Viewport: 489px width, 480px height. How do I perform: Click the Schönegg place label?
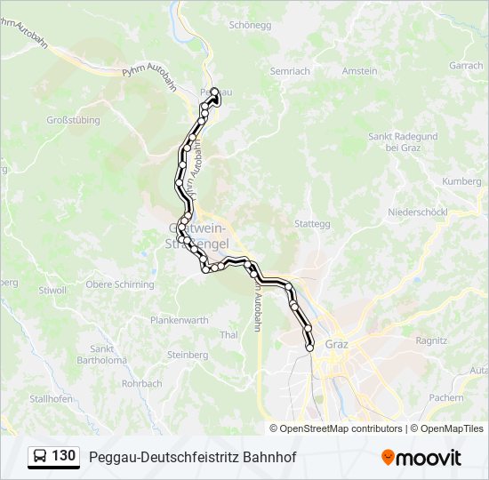(249, 26)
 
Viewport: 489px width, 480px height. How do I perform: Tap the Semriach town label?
(290, 71)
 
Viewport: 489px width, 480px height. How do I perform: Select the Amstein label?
(360, 71)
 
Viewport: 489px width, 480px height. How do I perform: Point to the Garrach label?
(466, 66)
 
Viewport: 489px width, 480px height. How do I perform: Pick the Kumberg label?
(461, 181)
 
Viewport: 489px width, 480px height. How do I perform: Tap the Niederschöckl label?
(417, 212)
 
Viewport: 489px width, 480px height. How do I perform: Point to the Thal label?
(228, 335)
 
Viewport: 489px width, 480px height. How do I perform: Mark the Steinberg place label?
(188, 355)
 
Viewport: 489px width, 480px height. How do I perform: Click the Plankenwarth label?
(180, 320)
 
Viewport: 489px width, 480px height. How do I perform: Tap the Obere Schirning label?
(119, 284)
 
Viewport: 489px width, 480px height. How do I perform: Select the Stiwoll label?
(52, 290)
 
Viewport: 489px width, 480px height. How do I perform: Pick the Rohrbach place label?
(142, 384)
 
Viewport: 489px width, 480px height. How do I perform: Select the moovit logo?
(421, 458)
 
